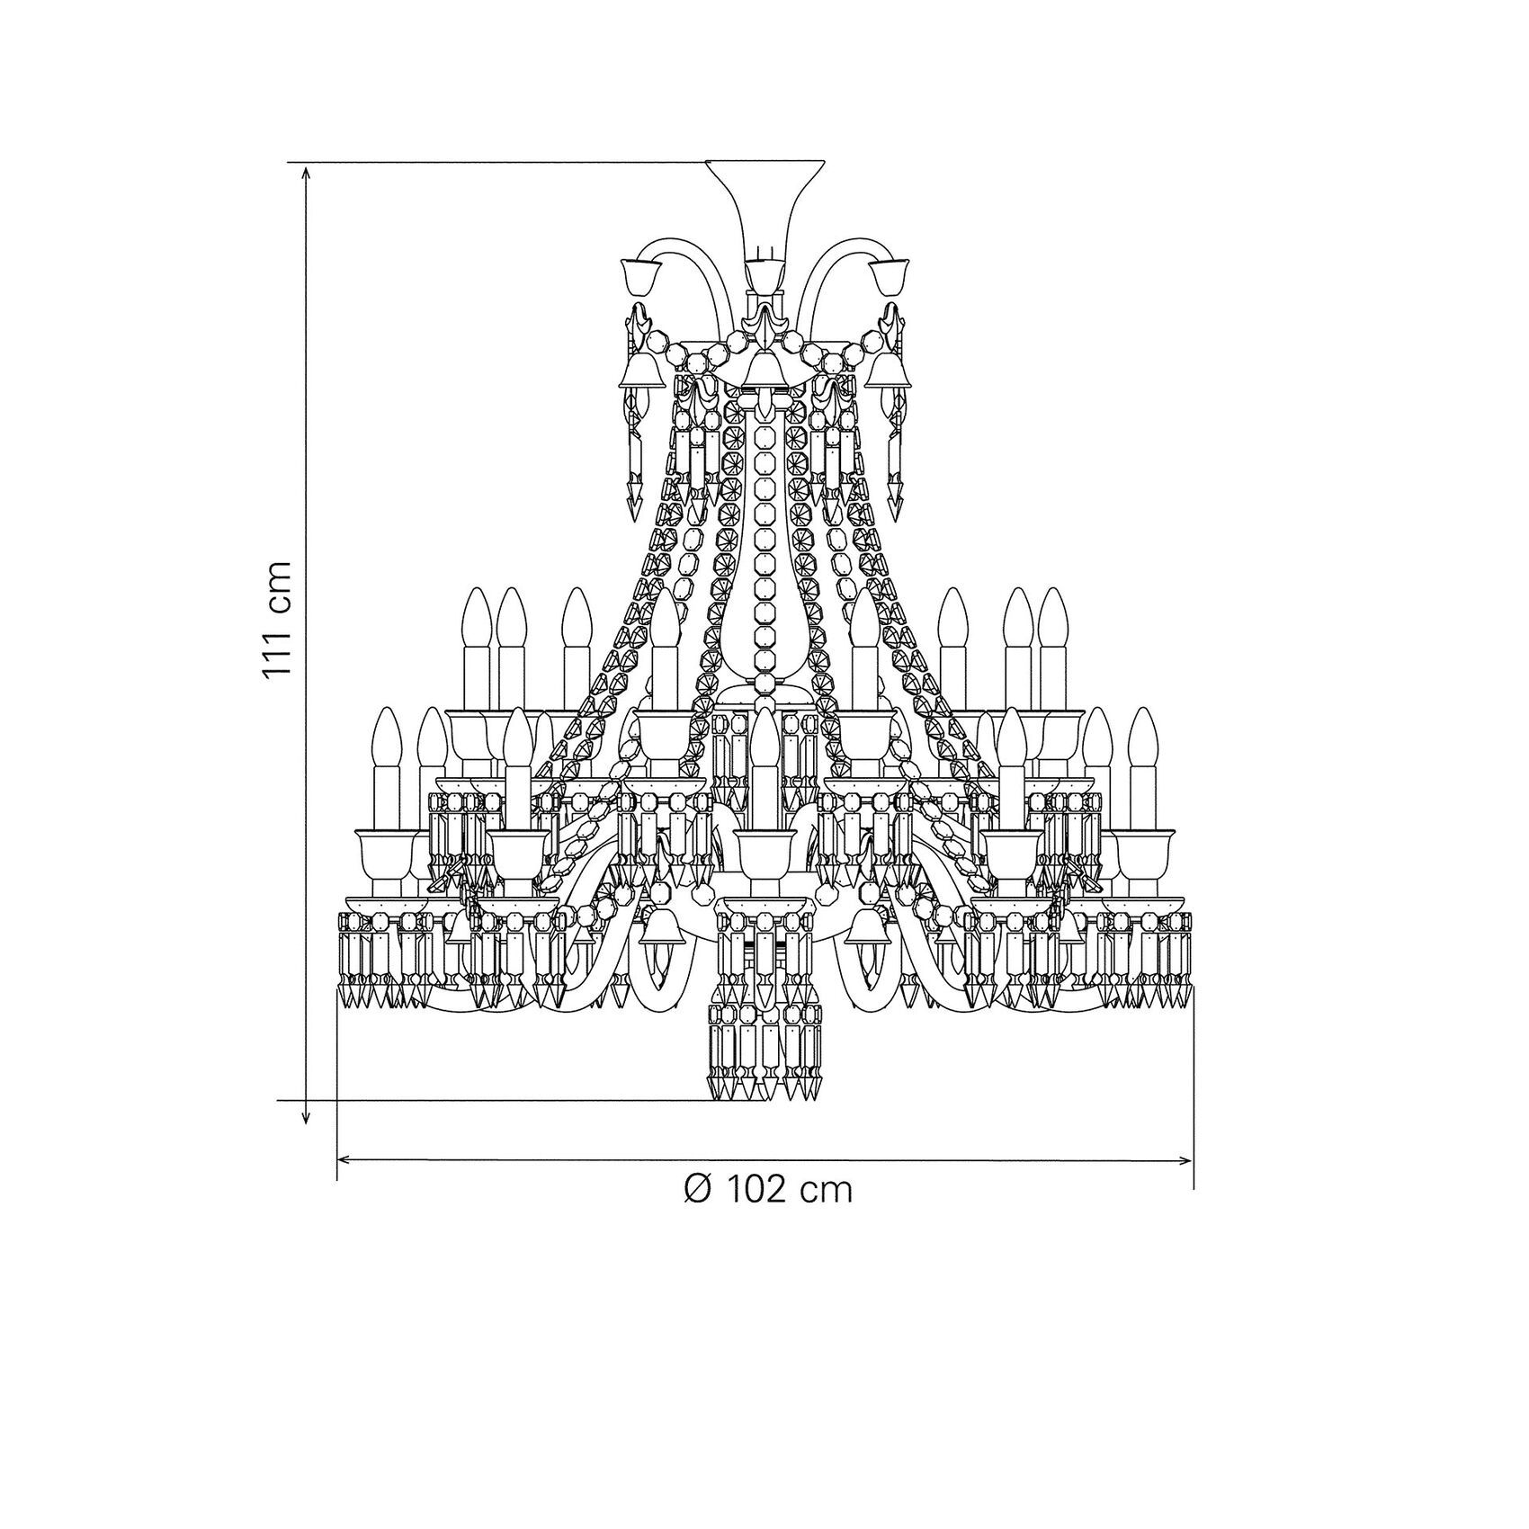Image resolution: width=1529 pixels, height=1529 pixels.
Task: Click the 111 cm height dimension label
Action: pyautogui.click(x=279, y=618)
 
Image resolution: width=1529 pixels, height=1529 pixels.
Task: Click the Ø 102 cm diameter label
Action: pyautogui.click(x=767, y=1190)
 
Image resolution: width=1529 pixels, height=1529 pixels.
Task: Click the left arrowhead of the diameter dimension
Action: pyautogui.click(x=347, y=1161)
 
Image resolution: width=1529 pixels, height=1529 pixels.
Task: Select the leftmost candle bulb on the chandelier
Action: pyautogui.click(x=386, y=738)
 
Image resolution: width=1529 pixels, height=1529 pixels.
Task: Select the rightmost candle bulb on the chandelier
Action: pyautogui.click(x=1142, y=738)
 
